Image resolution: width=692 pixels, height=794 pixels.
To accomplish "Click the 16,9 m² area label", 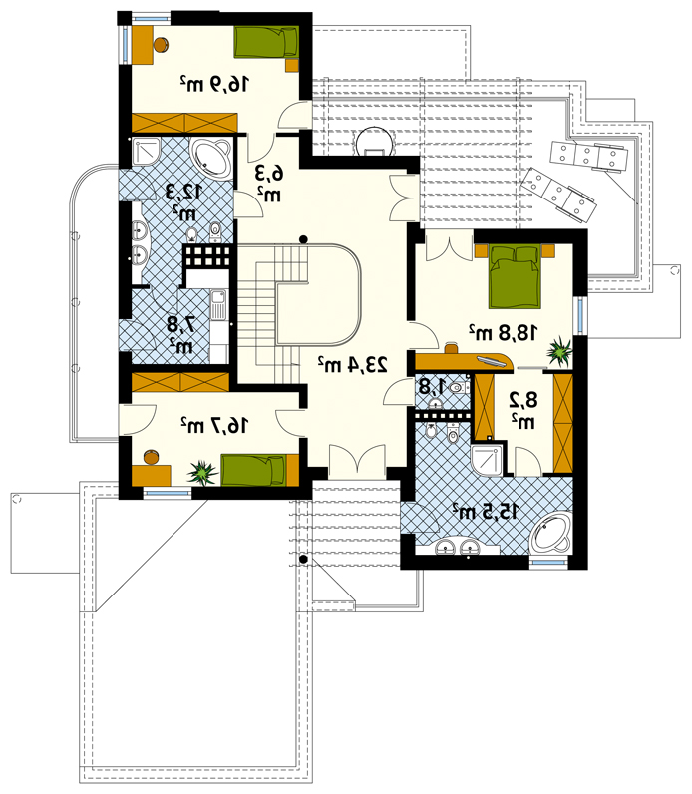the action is (214, 84).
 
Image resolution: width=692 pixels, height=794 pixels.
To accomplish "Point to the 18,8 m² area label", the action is (504, 332).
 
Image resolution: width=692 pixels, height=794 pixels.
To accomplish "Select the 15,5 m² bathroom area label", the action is (485, 512).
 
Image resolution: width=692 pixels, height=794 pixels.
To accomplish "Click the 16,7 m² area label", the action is (214, 425).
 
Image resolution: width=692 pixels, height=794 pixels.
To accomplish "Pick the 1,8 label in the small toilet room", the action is (432, 387).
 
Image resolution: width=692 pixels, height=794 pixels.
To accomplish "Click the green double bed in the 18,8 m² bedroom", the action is (515, 276).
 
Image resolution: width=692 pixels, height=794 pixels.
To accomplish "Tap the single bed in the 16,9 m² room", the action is (266, 43).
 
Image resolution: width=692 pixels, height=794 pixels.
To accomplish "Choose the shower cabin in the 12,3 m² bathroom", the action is (147, 151).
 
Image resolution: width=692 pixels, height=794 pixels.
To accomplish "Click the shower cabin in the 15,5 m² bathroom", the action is (487, 460).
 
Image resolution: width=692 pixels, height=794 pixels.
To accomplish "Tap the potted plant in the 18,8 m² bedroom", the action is (559, 350).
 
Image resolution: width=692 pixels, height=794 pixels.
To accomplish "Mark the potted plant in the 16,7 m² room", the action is (203, 473).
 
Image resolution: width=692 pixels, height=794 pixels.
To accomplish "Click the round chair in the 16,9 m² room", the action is (161, 45).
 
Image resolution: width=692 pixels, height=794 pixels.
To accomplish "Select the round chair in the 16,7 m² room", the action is (152, 457).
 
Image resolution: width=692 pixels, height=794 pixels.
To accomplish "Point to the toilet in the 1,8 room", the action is (458, 388).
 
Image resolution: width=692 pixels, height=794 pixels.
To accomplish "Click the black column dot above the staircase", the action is (303, 239).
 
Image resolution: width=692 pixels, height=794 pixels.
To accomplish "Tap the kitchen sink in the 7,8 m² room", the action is (218, 305).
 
